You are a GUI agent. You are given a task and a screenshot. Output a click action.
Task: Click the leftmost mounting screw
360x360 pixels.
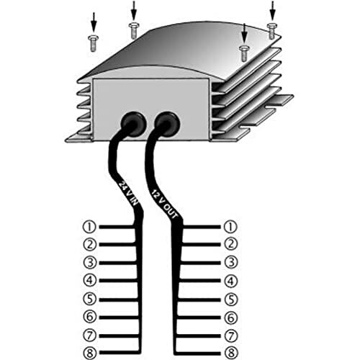point(94,43)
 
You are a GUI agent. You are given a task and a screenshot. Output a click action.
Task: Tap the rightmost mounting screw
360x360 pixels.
point(272,31)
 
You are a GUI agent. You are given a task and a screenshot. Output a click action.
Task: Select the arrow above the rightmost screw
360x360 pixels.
point(273,11)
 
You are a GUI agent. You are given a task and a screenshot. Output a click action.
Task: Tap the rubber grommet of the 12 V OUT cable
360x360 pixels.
point(167,123)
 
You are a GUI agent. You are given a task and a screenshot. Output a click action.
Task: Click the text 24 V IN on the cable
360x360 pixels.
point(129,193)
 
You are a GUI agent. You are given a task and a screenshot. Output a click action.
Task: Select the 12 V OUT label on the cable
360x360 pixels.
point(164,204)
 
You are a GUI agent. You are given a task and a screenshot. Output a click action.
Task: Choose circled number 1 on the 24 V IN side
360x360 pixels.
point(89,227)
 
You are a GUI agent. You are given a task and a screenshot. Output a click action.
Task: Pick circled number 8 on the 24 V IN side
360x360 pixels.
point(90,354)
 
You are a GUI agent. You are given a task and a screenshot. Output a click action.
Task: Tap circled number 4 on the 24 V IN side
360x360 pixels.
point(90,280)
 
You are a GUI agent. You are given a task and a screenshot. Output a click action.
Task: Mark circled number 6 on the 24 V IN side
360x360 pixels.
point(90,317)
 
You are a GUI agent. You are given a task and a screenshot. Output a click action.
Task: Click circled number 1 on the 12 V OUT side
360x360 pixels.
point(230,227)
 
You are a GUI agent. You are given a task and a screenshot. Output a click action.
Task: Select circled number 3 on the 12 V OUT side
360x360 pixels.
point(231,262)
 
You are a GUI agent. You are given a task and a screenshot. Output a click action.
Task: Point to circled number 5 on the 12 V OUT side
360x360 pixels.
point(231,300)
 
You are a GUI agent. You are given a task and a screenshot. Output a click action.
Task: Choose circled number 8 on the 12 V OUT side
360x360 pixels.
point(231,354)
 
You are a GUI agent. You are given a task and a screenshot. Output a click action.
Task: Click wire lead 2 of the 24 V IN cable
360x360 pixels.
point(117,245)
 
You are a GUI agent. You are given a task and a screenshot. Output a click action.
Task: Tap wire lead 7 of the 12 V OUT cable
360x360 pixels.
point(198,336)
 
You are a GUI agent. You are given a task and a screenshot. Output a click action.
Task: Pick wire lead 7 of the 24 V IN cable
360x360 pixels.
point(119,336)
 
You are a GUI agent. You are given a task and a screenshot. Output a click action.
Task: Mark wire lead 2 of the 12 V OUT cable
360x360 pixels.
point(201,245)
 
